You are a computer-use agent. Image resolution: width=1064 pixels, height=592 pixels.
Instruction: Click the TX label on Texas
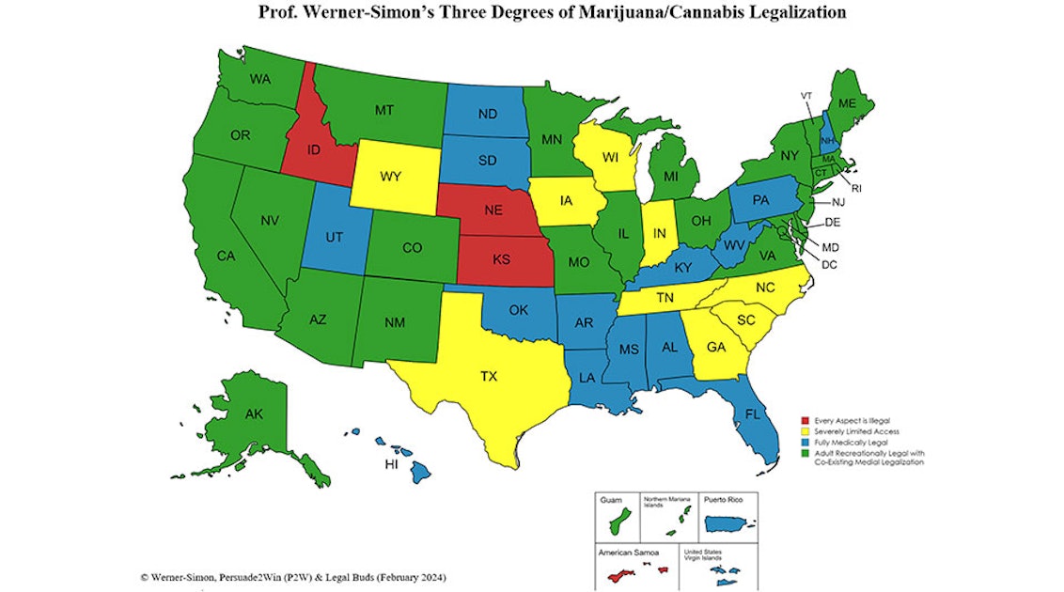coord(489,376)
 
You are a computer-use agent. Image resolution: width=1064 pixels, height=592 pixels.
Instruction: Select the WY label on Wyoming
coord(391,177)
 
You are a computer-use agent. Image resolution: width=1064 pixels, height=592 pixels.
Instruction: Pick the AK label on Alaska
coord(254,413)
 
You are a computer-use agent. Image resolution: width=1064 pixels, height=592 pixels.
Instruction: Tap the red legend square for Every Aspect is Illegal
coord(805,420)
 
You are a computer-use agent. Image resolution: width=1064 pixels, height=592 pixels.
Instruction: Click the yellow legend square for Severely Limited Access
coord(805,430)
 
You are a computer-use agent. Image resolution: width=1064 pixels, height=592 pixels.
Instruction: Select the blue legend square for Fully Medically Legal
coord(805,442)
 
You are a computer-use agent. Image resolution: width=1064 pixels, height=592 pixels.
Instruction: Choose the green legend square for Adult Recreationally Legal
coord(805,452)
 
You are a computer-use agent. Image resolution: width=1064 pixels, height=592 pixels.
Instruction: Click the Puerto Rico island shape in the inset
coord(730,522)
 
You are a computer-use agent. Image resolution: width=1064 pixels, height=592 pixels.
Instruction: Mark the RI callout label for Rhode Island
coord(856,188)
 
